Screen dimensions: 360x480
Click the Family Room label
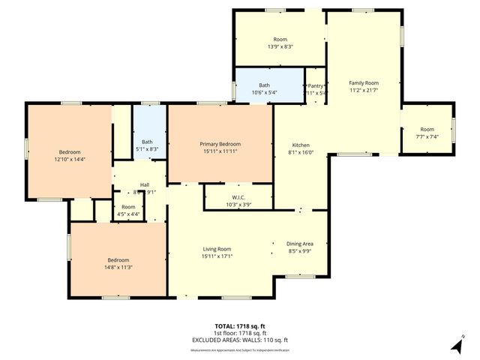(364, 82)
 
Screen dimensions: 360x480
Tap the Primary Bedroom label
(220, 143)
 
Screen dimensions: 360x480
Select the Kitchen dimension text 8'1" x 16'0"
(300, 153)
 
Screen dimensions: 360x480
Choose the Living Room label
(216, 249)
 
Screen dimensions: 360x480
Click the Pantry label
(316, 86)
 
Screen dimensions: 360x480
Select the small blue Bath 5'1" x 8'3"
(147, 145)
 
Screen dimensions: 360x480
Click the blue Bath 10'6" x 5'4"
(264, 88)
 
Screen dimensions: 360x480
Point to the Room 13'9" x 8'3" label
(280, 43)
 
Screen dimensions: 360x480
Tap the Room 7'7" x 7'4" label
(427, 133)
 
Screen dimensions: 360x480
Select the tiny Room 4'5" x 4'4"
(129, 210)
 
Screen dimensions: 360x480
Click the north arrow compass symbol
(457, 344)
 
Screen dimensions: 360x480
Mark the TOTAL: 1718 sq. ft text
(240, 326)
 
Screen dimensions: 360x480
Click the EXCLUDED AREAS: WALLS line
(240, 340)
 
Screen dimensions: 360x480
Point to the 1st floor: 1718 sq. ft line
(240, 334)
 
